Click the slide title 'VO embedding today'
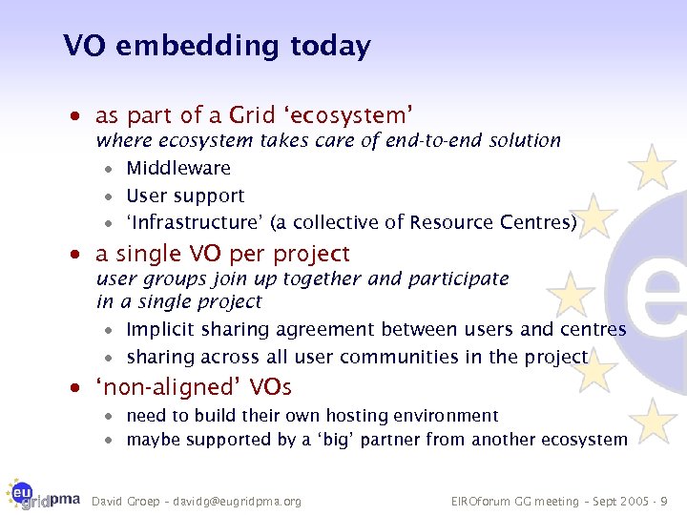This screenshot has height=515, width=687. tap(217, 46)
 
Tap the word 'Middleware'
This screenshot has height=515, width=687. tap(178, 169)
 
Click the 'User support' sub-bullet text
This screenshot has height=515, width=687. tap(185, 196)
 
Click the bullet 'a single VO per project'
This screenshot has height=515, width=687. tap(222, 255)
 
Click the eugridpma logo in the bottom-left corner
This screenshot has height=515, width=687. tap(44, 493)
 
